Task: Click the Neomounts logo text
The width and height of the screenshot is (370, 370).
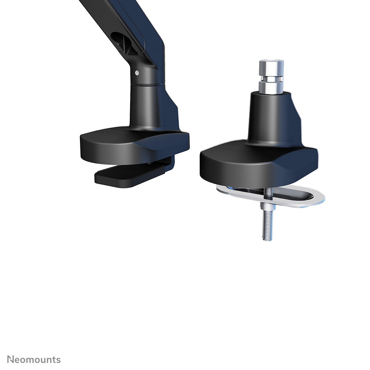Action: click(34, 359)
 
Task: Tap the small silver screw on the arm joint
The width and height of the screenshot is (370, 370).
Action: click(137, 73)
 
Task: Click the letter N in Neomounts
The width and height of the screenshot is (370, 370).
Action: click(10, 359)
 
